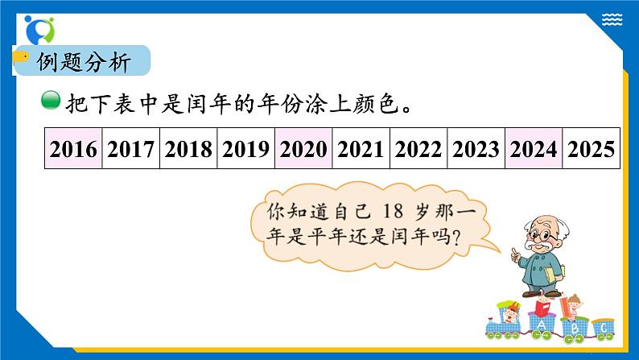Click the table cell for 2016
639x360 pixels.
[x=73, y=149]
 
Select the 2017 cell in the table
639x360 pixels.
[x=131, y=149]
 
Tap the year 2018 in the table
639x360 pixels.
[x=188, y=149]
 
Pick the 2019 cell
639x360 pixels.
[x=246, y=149]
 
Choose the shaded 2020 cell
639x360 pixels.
[x=303, y=149]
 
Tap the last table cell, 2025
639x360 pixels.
[x=592, y=149]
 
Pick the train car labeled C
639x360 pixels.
[x=601, y=328]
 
